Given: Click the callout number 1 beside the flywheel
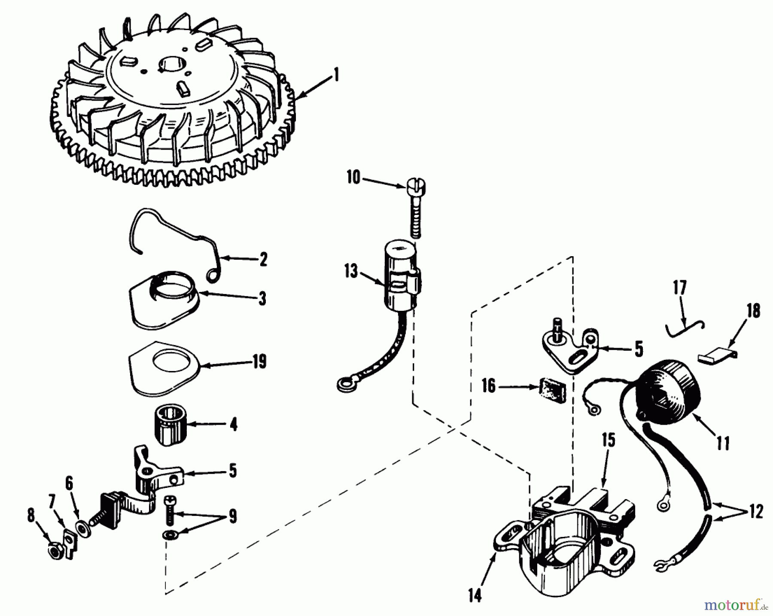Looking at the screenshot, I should pos(336,76).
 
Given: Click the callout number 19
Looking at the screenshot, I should pos(259,362).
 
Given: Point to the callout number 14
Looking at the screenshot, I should pos(475,595).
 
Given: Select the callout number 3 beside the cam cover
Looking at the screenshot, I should pos(262,298).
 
